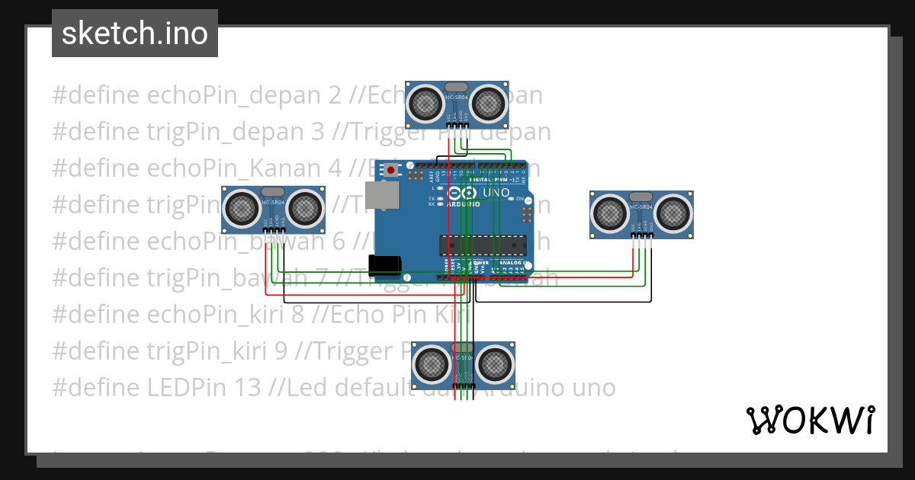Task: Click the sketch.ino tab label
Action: pos(135,34)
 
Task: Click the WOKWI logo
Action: pos(810,420)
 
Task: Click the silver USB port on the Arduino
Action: pos(382,195)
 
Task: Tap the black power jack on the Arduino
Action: pos(384,264)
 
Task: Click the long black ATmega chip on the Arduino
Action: pos(482,245)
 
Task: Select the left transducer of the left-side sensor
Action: pos(242,207)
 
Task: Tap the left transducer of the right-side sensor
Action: pos(610,213)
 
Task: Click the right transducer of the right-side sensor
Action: pos(673,213)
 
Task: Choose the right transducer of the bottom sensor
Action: pos(495,363)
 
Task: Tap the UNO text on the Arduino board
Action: pos(498,194)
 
